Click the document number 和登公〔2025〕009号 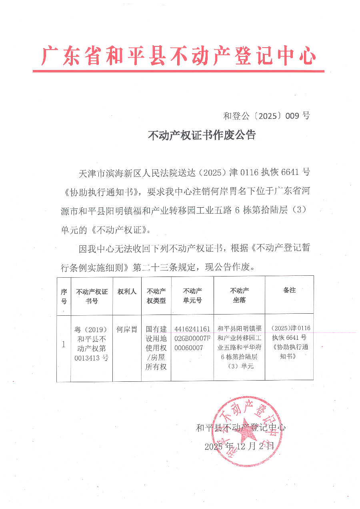click(x=266, y=116)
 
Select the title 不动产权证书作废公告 click(x=202, y=135)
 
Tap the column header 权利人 click(x=127, y=292)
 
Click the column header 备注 click(x=289, y=290)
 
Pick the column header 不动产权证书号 click(x=92, y=296)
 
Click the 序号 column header click(x=64, y=296)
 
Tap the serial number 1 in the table click(x=64, y=344)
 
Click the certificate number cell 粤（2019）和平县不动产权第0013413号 click(x=91, y=343)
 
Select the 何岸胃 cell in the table click(x=127, y=329)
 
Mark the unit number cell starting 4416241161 click(x=192, y=338)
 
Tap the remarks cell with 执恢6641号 click(x=289, y=342)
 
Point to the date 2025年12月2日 click(x=239, y=446)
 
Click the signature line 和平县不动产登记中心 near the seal click(x=241, y=427)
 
